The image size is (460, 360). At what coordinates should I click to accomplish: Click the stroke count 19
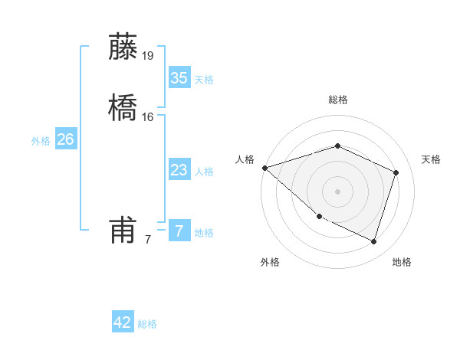point(147,55)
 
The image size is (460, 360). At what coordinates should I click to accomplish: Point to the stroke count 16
point(148,116)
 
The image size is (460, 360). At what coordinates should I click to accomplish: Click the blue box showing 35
point(179,78)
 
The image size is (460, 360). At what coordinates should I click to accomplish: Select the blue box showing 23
point(179,170)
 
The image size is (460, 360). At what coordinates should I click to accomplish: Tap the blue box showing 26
point(65,139)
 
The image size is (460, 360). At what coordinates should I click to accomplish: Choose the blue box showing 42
point(123,322)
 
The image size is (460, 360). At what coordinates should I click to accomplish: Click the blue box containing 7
point(179,231)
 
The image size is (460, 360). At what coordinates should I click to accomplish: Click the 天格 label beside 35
point(204,80)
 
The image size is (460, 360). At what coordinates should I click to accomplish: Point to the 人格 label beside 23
point(204,172)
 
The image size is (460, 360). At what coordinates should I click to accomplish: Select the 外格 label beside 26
point(41,141)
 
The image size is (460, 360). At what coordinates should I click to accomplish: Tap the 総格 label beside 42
point(147,324)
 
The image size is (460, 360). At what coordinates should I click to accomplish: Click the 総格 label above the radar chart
point(337,100)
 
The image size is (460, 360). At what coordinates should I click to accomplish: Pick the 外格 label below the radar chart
point(270,262)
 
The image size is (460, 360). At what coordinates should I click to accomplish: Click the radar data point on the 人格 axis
point(264,167)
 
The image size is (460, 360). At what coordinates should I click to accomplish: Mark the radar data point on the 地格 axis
point(373,241)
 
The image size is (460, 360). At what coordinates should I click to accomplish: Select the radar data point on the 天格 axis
point(396,172)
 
